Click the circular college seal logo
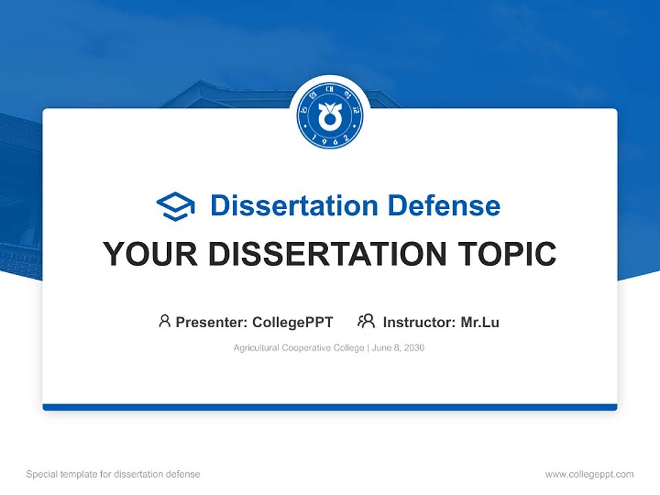pyautogui.click(x=330, y=117)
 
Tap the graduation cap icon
pyautogui.click(x=176, y=206)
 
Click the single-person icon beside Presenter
pyautogui.click(x=164, y=321)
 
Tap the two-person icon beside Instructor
pyautogui.click(x=366, y=321)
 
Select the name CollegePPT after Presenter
pyautogui.click(x=293, y=322)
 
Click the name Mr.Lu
pyautogui.click(x=480, y=322)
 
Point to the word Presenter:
pyautogui.click(x=212, y=322)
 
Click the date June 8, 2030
pyautogui.click(x=398, y=348)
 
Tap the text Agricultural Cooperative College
pyautogui.click(x=298, y=348)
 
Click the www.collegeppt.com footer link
pyautogui.click(x=589, y=474)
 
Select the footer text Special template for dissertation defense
pyautogui.click(x=113, y=474)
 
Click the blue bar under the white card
pyautogui.click(x=330, y=407)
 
